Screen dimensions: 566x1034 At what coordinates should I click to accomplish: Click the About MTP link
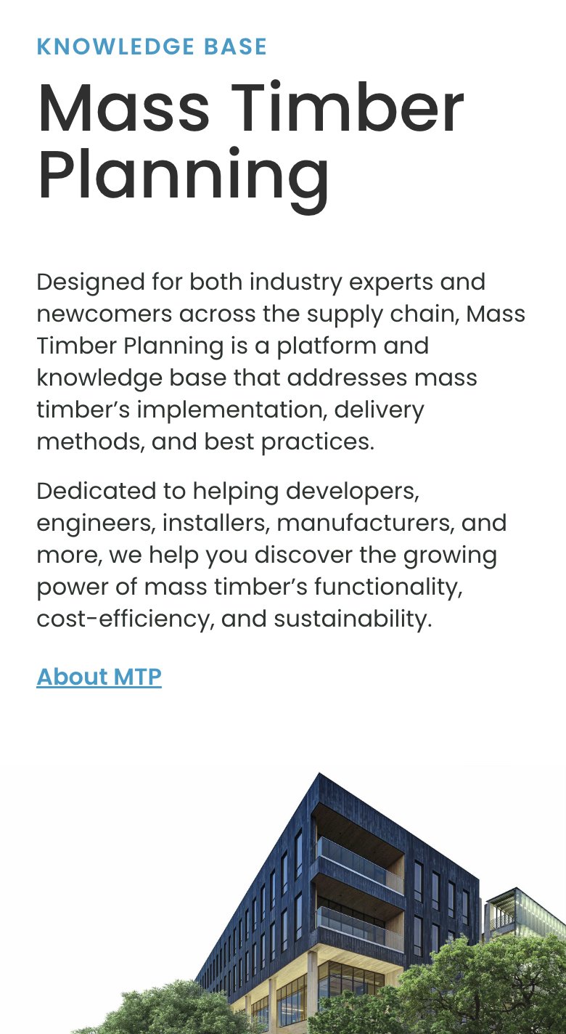click(x=99, y=677)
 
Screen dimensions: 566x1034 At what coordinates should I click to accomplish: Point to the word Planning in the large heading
click(x=184, y=178)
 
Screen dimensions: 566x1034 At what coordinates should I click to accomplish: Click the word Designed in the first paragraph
click(x=91, y=282)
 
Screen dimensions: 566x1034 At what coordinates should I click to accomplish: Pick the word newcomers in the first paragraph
click(x=104, y=314)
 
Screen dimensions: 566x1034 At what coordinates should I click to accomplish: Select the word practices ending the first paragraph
click(x=318, y=441)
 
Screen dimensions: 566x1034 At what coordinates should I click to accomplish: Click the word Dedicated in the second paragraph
click(x=96, y=491)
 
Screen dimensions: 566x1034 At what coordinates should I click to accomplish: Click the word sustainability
click(x=353, y=619)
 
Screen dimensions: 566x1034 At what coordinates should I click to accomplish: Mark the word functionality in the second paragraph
click(x=388, y=587)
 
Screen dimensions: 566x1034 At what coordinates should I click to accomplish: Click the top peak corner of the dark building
click(x=319, y=773)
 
